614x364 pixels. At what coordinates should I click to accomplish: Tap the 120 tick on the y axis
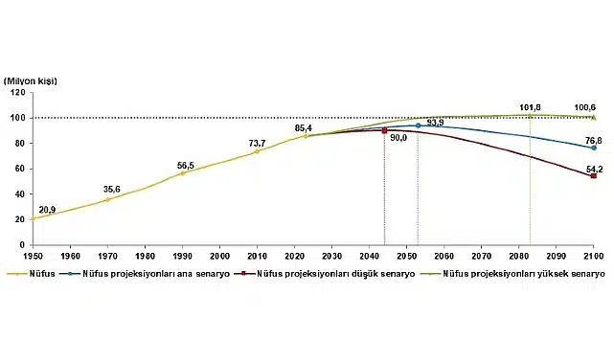(x=18, y=93)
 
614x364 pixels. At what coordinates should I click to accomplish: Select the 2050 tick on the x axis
(x=406, y=257)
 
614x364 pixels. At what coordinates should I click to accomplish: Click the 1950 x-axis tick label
(x=33, y=257)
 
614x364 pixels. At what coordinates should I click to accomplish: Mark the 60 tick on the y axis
(x=21, y=169)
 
